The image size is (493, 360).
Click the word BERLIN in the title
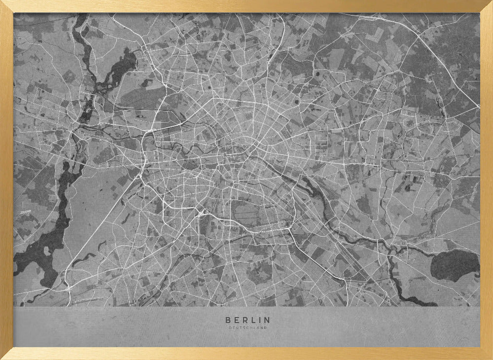coord(247,320)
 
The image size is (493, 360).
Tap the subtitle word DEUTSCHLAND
coord(247,328)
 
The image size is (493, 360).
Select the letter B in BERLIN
coord(227,320)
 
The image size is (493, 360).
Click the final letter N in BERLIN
coord(267,320)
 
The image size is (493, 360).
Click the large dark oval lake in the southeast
coord(455,265)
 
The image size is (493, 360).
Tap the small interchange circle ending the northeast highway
coord(477,107)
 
